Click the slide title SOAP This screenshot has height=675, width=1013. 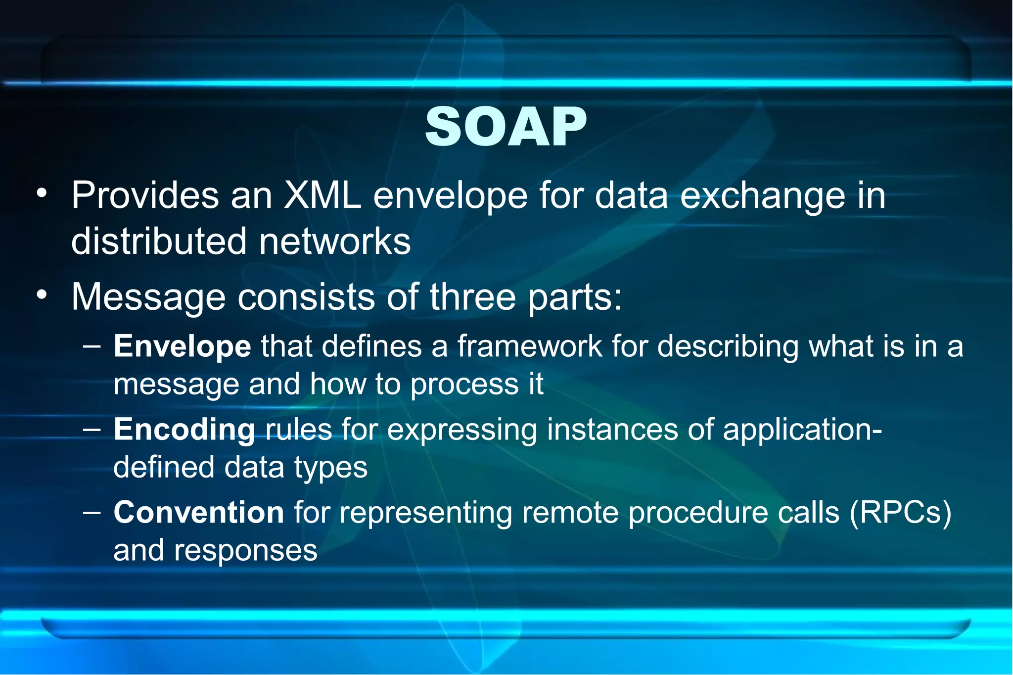click(x=506, y=127)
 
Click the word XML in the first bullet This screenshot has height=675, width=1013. click(x=322, y=195)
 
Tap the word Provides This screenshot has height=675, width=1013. click(x=145, y=195)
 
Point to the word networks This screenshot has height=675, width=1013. click(x=335, y=241)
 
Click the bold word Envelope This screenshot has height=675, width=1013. click(x=183, y=346)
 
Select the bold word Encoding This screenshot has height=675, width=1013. click(x=184, y=429)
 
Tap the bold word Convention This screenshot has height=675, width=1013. click(x=199, y=512)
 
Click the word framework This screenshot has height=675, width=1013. click(x=530, y=346)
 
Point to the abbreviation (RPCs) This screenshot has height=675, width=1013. click(x=900, y=512)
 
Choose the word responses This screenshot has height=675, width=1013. click(x=245, y=550)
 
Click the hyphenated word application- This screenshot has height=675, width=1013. click(x=802, y=429)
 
